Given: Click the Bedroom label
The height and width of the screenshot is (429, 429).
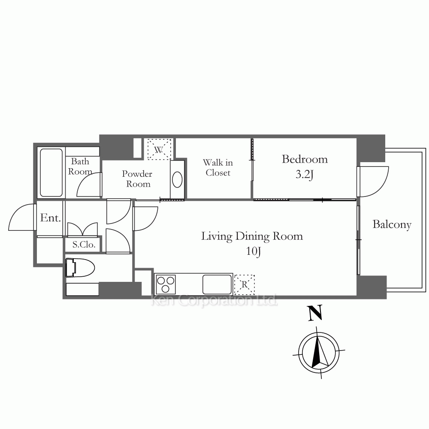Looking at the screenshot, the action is pos(305,159).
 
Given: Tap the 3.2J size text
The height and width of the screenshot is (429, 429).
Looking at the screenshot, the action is pos(304,175).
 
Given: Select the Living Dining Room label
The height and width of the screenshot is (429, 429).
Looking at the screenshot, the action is pos(252,236).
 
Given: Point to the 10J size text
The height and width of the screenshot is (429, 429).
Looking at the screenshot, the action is pos(254,251).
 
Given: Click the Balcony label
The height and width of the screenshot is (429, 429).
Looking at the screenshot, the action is pos(392,225).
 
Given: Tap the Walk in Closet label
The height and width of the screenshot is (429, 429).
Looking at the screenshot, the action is pos(218,168).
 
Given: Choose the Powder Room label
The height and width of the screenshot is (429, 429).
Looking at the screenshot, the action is pos(137,178).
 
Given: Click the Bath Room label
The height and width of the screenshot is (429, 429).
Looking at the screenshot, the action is pos(80,166).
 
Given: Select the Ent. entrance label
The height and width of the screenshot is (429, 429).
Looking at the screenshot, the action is pos(50,218).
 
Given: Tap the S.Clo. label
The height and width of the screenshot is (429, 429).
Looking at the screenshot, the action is pos(84,245).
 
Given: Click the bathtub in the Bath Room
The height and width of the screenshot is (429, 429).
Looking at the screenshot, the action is pos(51,172).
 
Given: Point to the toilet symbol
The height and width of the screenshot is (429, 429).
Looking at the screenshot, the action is pos(80,268).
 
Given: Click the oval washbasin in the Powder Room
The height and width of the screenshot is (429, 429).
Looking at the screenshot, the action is pos(177,179).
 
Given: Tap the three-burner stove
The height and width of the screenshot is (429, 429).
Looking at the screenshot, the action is pos(166,284).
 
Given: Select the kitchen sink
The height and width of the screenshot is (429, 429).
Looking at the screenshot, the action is pos(217,284).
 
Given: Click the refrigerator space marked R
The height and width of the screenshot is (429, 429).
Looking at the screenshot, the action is pos(245,285).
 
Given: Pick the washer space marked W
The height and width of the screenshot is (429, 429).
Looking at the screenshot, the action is pos(159,150).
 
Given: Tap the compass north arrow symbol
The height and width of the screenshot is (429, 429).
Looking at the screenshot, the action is pos(319,352).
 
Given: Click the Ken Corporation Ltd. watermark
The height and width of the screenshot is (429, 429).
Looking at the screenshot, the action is pos(214,300).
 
